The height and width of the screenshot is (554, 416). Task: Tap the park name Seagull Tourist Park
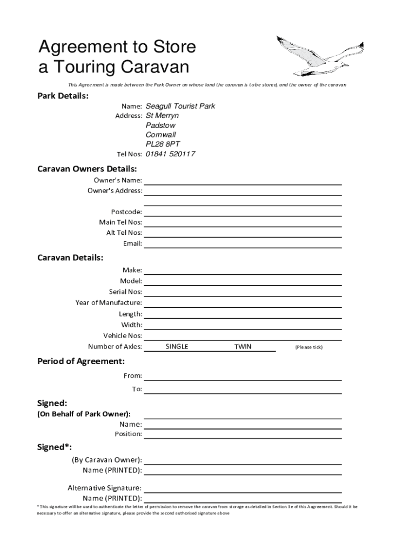coord(180,106)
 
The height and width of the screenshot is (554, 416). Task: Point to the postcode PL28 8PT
coord(163,144)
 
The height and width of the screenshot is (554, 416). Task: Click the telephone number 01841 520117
coord(170,154)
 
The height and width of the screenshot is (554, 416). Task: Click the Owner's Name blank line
coord(243,180)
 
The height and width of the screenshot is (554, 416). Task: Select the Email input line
coord(243,243)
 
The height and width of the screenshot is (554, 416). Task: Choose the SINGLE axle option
coord(177,347)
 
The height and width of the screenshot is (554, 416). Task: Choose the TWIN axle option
coord(243,347)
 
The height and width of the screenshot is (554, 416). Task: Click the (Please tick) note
coord(308,347)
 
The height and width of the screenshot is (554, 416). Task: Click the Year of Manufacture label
coord(109,303)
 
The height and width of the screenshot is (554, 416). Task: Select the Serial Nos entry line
coord(243,292)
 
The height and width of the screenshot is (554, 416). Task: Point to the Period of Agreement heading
coord(80,361)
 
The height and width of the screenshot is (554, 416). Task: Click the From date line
coord(243,376)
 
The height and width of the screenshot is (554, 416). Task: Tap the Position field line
coord(243,434)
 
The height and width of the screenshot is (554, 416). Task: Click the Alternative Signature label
coord(104,488)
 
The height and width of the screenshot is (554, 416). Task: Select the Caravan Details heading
coord(70,258)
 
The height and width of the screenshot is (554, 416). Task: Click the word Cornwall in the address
coord(160,135)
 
